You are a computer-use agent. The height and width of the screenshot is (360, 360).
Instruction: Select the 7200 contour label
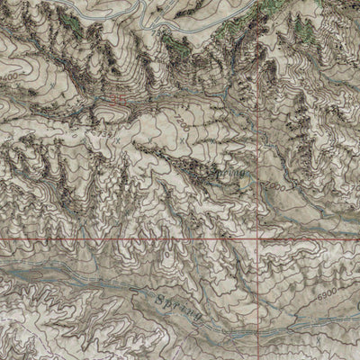[x=185, y=115]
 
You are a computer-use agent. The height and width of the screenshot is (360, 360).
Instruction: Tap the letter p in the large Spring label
[x=171, y=302]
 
